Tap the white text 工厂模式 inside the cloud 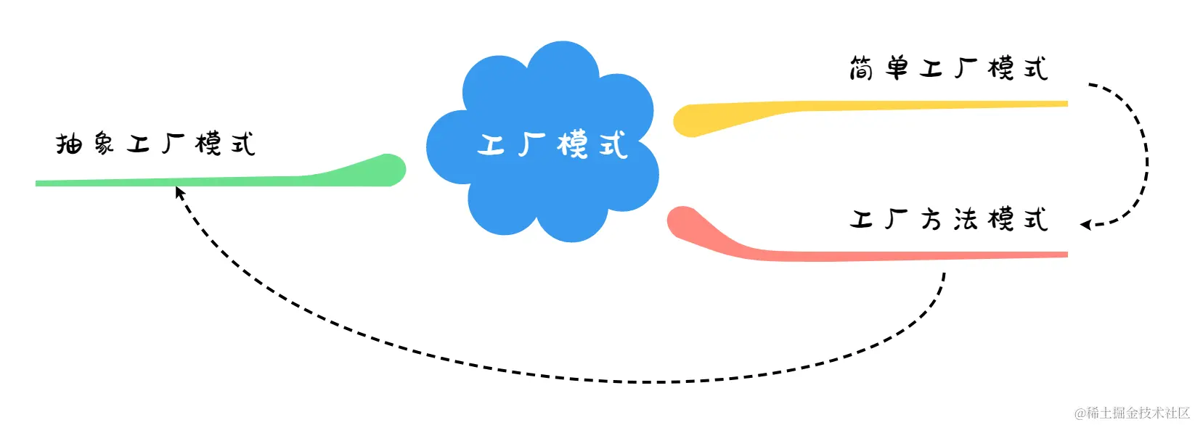[x=552, y=144]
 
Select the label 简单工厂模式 [x=948, y=69]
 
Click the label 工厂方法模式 [x=948, y=219]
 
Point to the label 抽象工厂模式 [x=155, y=144]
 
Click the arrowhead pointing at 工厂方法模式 [x=1085, y=225]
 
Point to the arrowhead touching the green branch [x=179, y=192]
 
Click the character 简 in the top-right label [x=861, y=69]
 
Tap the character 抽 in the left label [x=69, y=144]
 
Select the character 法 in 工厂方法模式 [x=966, y=219]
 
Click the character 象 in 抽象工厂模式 [x=104, y=144]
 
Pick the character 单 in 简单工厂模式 [x=897, y=69]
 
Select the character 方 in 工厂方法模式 [x=931, y=219]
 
